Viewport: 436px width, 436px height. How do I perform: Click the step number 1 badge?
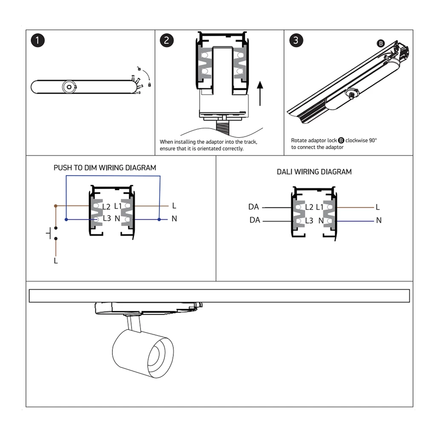point(38,41)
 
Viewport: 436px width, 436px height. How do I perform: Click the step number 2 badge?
point(166,41)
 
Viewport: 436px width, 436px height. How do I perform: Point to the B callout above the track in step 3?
point(381,43)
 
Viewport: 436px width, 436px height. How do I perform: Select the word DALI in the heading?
point(286,172)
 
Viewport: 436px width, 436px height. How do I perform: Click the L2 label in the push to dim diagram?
point(106,207)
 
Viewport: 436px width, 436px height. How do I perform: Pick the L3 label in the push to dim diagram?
point(106,219)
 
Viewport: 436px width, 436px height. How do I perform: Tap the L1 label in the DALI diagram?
point(319,207)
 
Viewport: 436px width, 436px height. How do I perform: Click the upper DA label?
point(253,207)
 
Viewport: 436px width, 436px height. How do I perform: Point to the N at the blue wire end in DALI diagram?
point(379,221)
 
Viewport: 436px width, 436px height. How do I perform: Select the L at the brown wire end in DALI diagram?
point(378,207)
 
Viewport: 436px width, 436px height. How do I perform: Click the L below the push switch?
point(56,261)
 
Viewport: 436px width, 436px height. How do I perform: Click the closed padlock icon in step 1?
point(149,85)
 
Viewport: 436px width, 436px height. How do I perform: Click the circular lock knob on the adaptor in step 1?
point(67,87)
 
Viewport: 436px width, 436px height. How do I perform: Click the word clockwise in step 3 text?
point(357,140)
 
